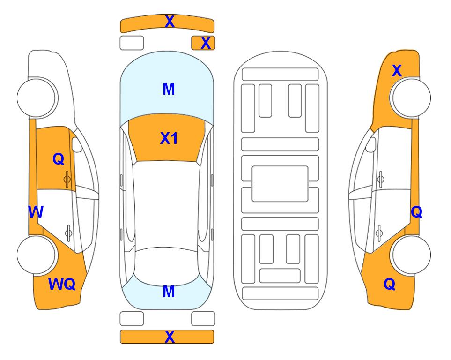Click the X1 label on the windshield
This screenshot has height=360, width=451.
click(x=169, y=138)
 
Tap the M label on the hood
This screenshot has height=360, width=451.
click(x=169, y=89)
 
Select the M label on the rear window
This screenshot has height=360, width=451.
click(x=169, y=292)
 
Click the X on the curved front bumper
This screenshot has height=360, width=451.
click(x=170, y=21)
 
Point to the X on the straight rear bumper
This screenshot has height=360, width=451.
click(x=170, y=337)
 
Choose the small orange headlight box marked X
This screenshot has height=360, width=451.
click(x=203, y=43)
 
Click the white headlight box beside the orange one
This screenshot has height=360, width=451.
click(x=132, y=43)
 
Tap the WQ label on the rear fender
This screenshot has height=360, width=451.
click(x=62, y=284)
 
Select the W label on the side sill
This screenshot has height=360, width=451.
click(x=36, y=212)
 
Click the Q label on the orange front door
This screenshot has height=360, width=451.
click(x=59, y=159)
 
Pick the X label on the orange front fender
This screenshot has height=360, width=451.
click(x=397, y=71)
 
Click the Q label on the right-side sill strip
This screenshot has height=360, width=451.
click(x=416, y=212)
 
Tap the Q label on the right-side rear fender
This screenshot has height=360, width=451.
click(x=390, y=284)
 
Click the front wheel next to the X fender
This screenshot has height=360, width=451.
click(x=410, y=97)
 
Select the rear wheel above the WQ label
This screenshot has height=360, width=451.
click(x=37, y=255)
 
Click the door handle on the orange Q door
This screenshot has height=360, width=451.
click(x=67, y=179)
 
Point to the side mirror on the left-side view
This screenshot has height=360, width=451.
click(x=77, y=144)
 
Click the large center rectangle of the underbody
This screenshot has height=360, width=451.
click(x=280, y=184)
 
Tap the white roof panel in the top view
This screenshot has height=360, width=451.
click(x=166, y=204)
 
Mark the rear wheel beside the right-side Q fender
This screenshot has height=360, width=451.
click(x=410, y=255)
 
